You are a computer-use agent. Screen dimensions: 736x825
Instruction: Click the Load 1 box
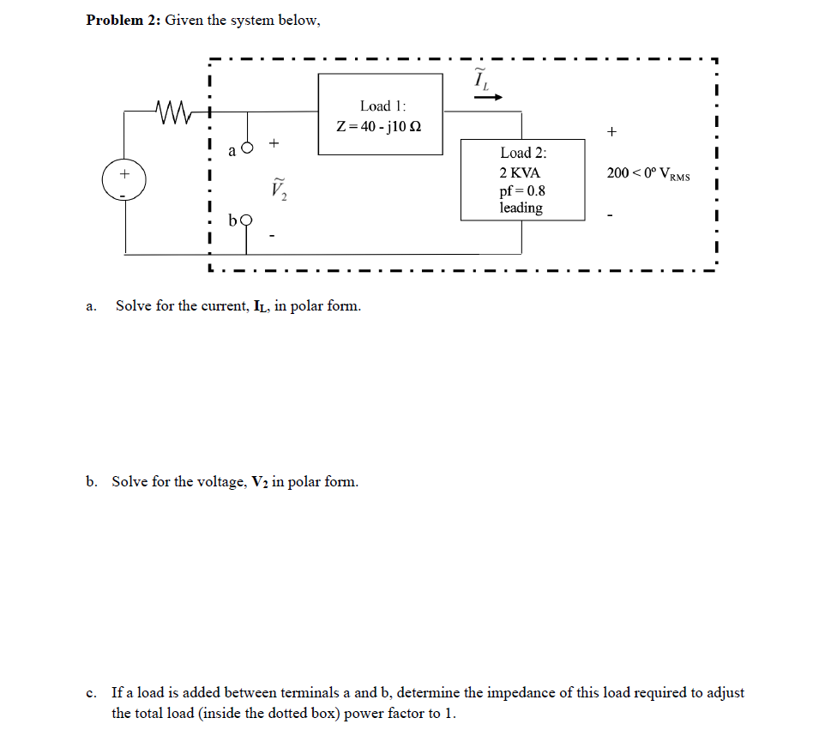click(x=381, y=114)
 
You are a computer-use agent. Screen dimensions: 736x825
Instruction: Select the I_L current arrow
click(x=485, y=97)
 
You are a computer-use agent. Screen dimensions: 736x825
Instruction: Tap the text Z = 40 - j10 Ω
click(x=378, y=126)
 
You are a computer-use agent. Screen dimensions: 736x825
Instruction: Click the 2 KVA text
click(x=520, y=172)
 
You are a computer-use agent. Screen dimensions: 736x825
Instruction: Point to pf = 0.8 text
click(x=522, y=190)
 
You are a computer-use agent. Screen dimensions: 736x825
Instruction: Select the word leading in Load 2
click(x=521, y=208)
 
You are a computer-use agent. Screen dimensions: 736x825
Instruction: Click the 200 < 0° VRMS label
click(x=648, y=173)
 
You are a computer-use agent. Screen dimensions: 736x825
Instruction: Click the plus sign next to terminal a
click(x=274, y=142)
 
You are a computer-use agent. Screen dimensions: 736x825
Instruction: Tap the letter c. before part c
click(x=91, y=693)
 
